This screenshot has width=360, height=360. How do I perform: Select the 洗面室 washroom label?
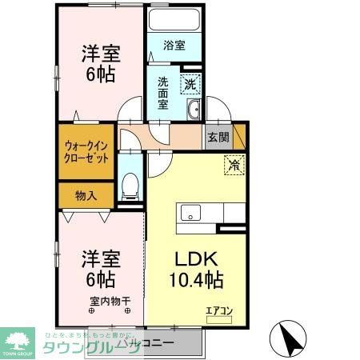click(x=162, y=93)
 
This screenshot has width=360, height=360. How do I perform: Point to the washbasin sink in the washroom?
click(x=192, y=111)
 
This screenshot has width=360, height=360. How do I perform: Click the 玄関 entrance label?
click(x=218, y=137)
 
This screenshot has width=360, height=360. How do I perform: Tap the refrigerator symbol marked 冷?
click(x=234, y=166)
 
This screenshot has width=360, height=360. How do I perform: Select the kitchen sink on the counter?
click(x=191, y=212)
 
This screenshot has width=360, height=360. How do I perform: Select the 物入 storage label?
click(x=86, y=194)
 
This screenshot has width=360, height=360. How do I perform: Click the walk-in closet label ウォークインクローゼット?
click(x=86, y=151)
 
